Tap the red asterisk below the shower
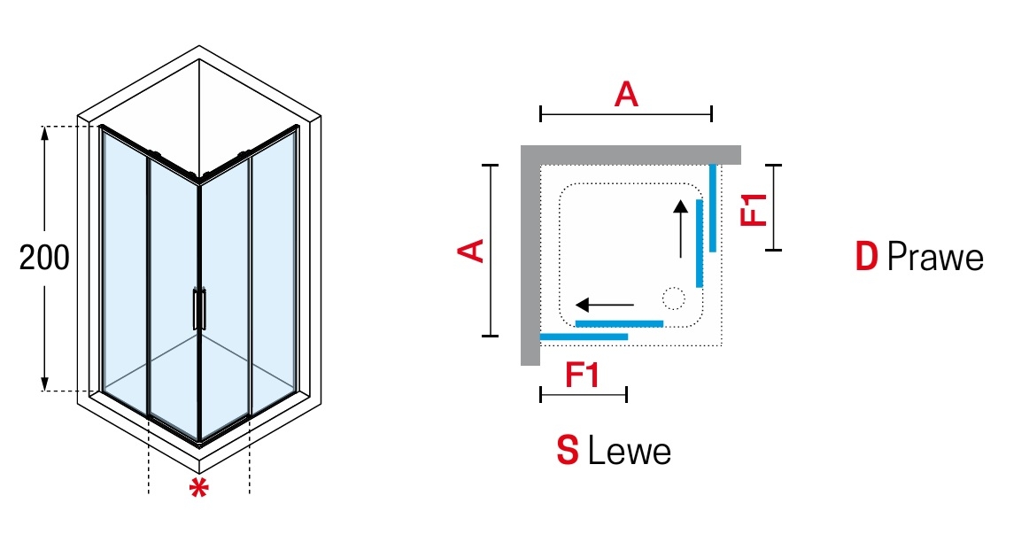pos(199,488)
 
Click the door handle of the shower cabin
pos(199,309)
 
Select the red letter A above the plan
pos(626,95)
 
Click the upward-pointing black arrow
pos(680,228)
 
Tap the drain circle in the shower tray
pos(674,298)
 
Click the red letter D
pos(866,258)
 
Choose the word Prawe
pos(935,258)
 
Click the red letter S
pos(568,452)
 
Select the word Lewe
pos(630,452)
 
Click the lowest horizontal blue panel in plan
pos(584,337)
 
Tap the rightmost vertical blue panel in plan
pos(712,207)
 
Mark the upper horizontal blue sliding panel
pos(619,323)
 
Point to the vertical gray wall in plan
pos(530,257)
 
